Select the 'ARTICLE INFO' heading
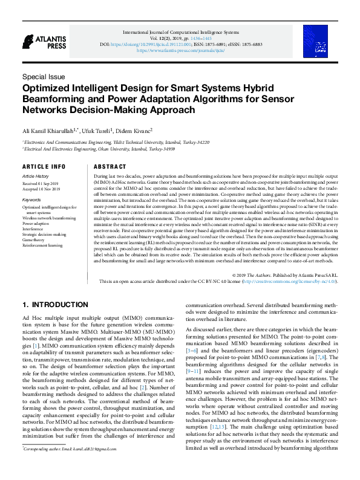44,166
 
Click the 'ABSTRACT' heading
110,166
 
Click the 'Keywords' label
31,199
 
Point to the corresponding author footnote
68,465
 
